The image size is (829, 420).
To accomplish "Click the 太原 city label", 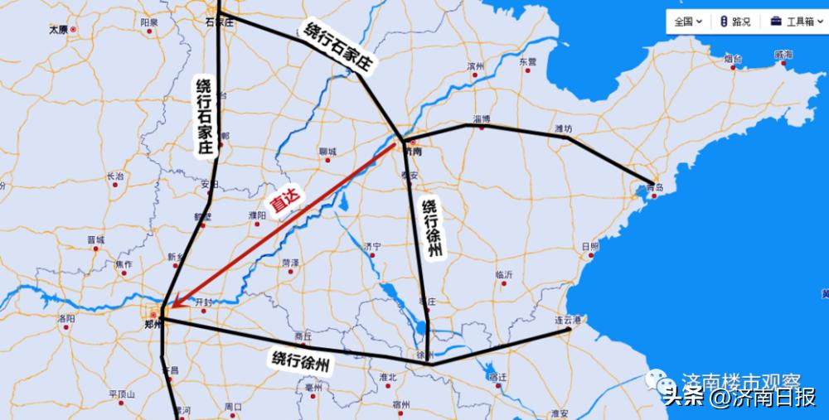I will tap(57, 29).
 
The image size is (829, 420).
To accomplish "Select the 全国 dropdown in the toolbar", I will tap(688, 22).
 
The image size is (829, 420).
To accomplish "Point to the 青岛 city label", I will tap(656, 187).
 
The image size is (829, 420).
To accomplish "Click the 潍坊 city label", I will tap(563, 128).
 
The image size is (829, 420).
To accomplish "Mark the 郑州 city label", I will tap(152, 325).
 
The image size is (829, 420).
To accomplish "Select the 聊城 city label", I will tap(327, 152).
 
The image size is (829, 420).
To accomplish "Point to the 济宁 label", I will tap(372, 246).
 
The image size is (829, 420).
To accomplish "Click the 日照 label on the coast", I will tap(590, 246).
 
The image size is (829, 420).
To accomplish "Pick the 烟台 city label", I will tap(732, 59).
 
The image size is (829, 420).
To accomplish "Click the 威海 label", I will tap(783, 55).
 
